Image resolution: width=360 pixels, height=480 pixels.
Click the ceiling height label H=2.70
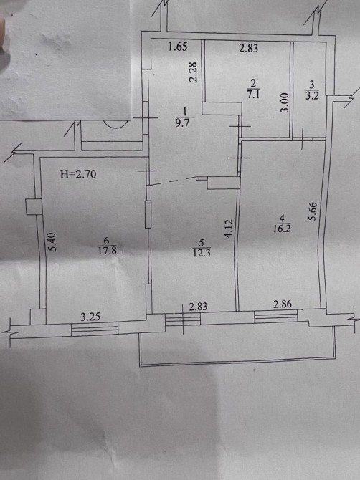point(78,174)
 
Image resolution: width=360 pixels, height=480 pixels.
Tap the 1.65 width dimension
point(178,47)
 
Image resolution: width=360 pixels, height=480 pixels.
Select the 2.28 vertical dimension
point(193,72)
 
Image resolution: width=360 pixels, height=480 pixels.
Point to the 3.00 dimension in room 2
point(285,103)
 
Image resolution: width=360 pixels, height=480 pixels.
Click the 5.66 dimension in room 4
point(313,211)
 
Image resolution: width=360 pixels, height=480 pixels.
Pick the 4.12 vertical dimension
point(229,229)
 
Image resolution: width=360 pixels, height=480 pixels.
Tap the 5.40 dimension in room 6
point(53,242)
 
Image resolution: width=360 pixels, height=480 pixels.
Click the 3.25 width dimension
point(90,317)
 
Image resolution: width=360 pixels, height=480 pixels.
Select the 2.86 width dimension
point(283,304)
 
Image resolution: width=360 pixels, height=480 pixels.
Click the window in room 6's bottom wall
point(95,330)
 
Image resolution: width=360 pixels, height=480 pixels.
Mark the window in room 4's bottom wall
point(276,316)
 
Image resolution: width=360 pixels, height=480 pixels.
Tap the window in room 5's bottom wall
point(183,320)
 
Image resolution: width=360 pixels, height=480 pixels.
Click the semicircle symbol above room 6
point(115,125)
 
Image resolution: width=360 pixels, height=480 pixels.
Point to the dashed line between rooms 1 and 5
point(174,181)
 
